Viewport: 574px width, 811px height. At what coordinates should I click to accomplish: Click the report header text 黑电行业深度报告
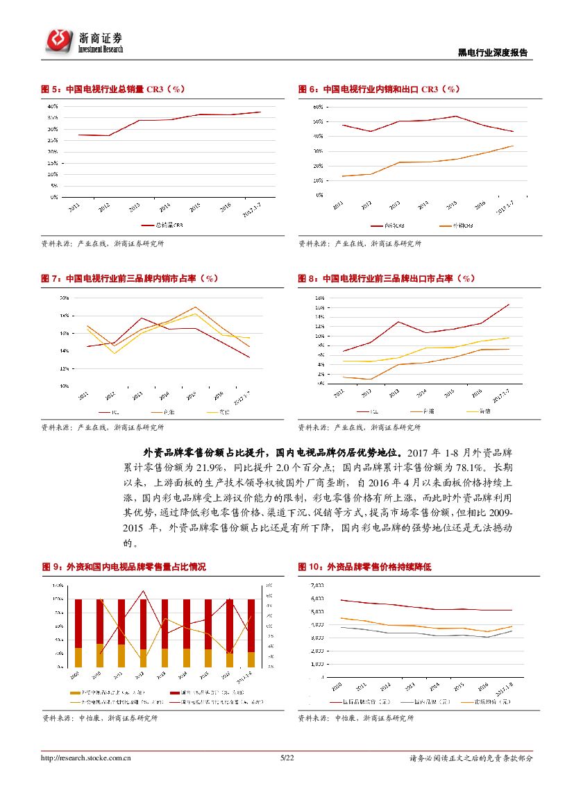point(493,53)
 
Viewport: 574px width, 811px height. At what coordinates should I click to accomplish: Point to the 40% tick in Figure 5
point(53,107)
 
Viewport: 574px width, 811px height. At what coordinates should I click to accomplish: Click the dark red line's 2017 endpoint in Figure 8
point(509,304)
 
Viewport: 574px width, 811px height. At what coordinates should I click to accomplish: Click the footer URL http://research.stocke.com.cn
point(87,759)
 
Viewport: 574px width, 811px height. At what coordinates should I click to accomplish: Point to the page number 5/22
point(287,759)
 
